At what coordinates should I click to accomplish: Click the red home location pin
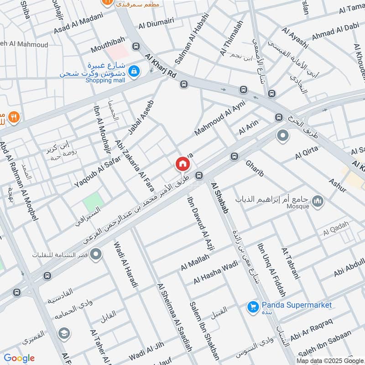182,164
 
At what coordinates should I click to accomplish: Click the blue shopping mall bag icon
134,71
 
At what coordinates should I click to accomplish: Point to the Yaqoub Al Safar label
97,172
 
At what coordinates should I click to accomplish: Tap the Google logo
19,358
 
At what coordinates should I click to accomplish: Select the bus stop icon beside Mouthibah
136,47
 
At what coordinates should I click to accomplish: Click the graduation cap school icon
64,334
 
